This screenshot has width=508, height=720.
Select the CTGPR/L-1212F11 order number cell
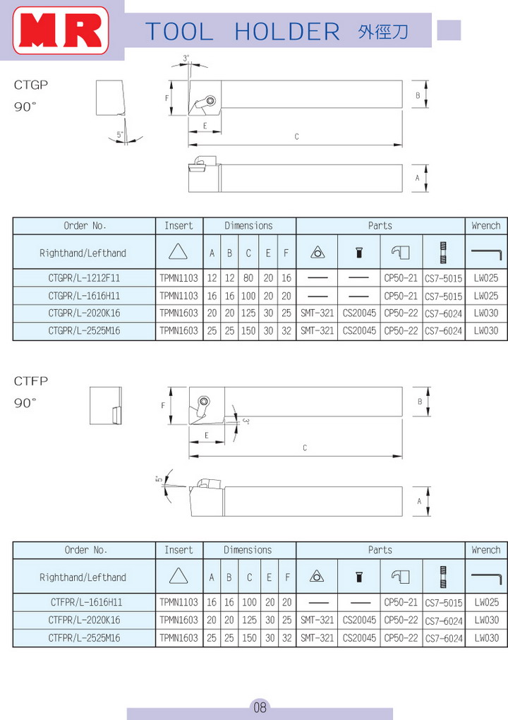(x=84, y=278)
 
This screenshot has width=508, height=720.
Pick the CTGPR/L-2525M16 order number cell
(x=84, y=330)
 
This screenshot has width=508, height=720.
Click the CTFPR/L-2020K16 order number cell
(x=85, y=620)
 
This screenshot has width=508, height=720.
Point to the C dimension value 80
(x=248, y=278)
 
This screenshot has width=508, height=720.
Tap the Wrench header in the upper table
(x=485, y=226)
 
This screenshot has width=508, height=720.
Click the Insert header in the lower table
(x=179, y=550)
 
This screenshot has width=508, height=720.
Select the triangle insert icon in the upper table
(x=179, y=252)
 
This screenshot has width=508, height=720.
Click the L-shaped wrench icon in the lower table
(x=485, y=577)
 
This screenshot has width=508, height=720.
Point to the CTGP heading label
(x=31, y=85)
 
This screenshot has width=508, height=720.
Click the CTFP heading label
(x=31, y=381)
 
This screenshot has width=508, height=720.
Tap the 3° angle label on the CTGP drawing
(x=186, y=58)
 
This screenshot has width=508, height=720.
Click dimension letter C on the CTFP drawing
(x=305, y=448)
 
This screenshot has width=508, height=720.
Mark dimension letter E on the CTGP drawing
(x=205, y=126)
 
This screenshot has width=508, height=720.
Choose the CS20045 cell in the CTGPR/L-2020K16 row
(x=359, y=313)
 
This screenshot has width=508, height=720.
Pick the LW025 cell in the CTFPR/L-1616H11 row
(x=486, y=602)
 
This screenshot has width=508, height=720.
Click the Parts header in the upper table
(x=380, y=226)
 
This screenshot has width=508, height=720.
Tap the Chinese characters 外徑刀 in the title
(x=383, y=32)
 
